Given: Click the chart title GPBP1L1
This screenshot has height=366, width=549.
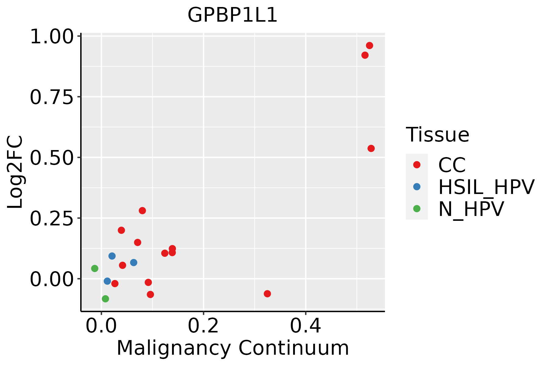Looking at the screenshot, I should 232,15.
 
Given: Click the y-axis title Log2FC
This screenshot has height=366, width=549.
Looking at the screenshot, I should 15,172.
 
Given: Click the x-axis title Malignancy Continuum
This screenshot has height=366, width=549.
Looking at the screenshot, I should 232,348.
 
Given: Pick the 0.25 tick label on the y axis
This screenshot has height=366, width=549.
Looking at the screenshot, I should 52,218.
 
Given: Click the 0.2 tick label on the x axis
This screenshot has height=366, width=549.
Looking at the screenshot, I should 203,326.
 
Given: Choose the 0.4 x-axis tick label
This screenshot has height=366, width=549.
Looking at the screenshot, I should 305,326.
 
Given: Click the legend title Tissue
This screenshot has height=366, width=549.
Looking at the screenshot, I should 437,135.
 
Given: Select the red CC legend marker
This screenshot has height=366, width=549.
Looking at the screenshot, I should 417,165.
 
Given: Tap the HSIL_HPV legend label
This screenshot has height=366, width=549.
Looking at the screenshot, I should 486,187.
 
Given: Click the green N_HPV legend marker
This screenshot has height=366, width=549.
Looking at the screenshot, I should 417,209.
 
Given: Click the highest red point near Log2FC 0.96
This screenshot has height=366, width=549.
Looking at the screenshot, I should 369,45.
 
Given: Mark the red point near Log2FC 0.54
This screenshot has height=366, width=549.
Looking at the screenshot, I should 371,149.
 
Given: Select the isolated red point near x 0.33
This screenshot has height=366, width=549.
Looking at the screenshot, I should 267,294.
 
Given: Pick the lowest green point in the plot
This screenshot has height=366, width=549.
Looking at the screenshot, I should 105,299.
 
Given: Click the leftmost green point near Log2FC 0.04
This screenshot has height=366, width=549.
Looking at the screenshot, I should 95,268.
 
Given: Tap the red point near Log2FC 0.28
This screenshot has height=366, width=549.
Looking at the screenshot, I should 142,210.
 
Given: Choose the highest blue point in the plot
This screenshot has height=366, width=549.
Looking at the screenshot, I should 112,256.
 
